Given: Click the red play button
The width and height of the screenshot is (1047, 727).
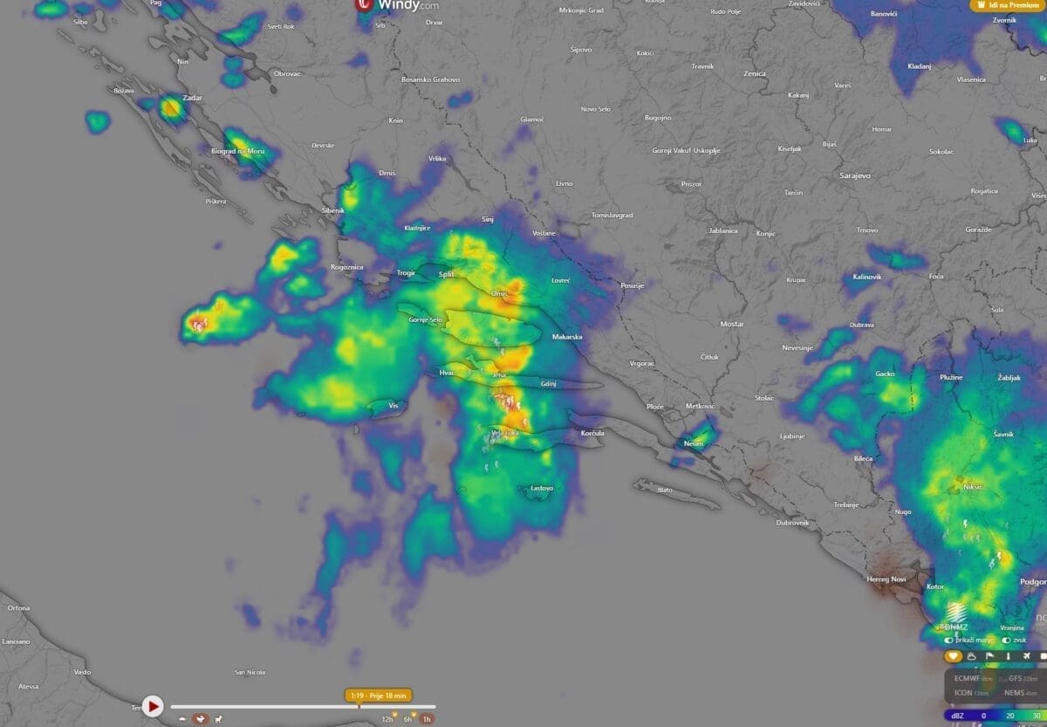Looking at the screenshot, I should (153, 705).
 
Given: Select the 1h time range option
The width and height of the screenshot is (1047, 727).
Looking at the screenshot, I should (427, 718).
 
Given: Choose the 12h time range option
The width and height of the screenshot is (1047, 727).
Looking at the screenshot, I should (387, 718).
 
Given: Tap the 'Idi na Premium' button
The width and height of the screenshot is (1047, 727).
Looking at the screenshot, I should (1008, 5).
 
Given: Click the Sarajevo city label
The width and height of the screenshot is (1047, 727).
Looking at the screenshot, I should (855, 175).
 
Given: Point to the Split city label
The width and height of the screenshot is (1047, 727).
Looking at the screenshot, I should (446, 274).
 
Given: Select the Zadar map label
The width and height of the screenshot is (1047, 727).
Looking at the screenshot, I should (191, 98).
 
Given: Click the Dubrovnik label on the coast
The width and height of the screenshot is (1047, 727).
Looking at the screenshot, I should (792, 522).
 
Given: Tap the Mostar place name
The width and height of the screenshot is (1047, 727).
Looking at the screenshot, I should (731, 324).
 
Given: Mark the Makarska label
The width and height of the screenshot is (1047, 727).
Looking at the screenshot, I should (567, 336).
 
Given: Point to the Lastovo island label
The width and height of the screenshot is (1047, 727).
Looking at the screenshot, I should (542, 488).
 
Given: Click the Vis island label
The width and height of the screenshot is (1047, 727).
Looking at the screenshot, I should (393, 406).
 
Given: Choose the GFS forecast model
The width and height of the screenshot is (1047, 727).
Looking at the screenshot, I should (1016, 678).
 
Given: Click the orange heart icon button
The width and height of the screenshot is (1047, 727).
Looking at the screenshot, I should (953, 656).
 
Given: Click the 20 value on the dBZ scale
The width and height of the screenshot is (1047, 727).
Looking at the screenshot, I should (1009, 716).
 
